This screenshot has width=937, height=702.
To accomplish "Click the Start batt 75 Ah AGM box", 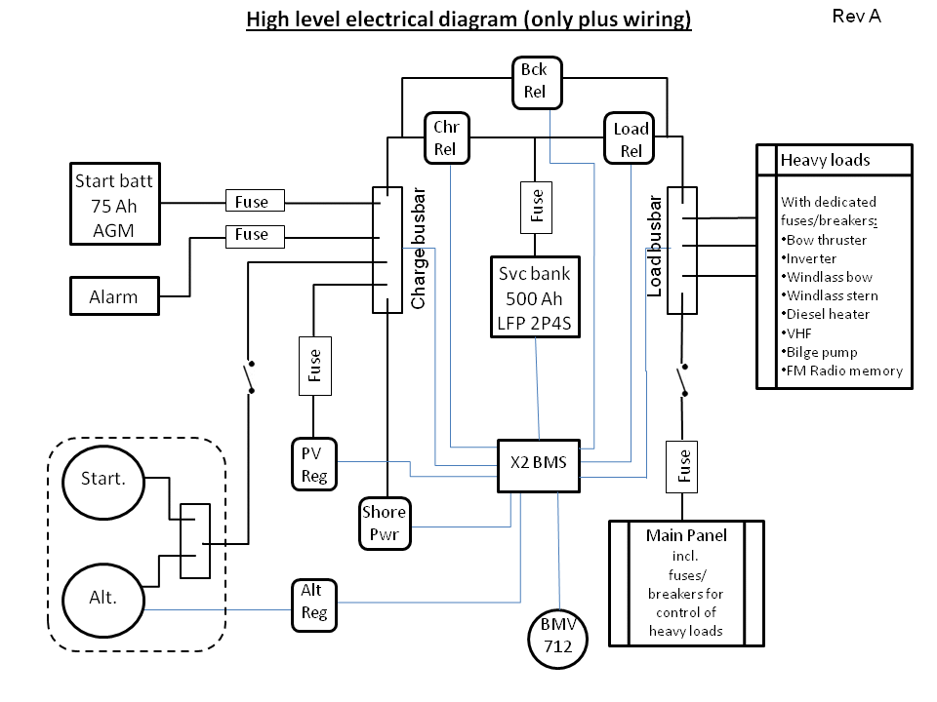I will [113, 204].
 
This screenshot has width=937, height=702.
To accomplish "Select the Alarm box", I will [113, 296].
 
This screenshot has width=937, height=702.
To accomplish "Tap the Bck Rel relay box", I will [534, 81].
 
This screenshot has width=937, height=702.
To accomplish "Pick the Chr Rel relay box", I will [446, 136].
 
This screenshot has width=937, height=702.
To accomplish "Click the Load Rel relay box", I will [631, 138].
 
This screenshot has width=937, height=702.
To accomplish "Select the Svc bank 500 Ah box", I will [534, 296].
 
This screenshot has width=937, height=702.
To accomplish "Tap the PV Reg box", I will [313, 463].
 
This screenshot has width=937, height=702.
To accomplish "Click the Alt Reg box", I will [313, 603].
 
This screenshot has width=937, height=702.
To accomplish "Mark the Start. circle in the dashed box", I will [102, 479].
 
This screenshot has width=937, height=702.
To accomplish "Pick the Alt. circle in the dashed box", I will [102, 597].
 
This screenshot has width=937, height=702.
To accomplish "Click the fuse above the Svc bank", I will [536, 207].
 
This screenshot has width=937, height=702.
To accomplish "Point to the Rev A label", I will [857, 17].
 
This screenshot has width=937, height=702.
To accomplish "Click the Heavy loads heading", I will [825, 160].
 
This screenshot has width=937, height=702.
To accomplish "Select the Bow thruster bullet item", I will [827, 240].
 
